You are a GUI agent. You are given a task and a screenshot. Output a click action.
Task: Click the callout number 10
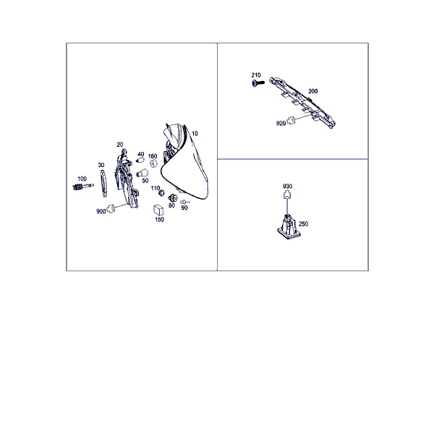tap(195, 133)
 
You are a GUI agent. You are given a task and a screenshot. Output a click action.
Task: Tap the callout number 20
tap(120, 145)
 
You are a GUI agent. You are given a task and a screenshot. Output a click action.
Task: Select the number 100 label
tap(82, 179)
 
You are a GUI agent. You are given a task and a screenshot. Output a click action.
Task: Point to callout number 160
tap(153, 156)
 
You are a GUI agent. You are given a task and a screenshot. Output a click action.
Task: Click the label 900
tap(101, 211)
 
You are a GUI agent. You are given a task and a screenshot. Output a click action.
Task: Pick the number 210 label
tap(256, 75)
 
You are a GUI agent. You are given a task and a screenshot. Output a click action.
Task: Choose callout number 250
tap(303, 224)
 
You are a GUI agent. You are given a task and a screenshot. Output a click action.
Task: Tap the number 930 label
tap(287, 187)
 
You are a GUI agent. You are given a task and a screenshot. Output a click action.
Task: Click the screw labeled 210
tap(258, 82)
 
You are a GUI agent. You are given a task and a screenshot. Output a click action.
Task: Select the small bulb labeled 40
tap(140, 161)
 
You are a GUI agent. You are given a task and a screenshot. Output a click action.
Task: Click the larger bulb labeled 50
tap(142, 174)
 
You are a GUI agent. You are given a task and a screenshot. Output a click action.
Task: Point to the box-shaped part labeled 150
tap(158, 210)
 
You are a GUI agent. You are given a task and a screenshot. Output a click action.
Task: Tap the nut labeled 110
tap(161, 193)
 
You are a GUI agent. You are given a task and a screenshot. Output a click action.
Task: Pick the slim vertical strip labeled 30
tap(103, 183)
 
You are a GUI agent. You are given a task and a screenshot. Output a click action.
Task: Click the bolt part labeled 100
tap(83, 187)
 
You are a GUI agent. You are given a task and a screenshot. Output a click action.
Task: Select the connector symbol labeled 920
tap(290, 120)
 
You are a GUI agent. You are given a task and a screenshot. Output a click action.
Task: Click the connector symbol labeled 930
tap(287, 195)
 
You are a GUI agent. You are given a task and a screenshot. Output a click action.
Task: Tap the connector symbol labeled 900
tap(111, 208)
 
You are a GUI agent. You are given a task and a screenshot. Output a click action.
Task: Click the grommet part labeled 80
tap(173, 198)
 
